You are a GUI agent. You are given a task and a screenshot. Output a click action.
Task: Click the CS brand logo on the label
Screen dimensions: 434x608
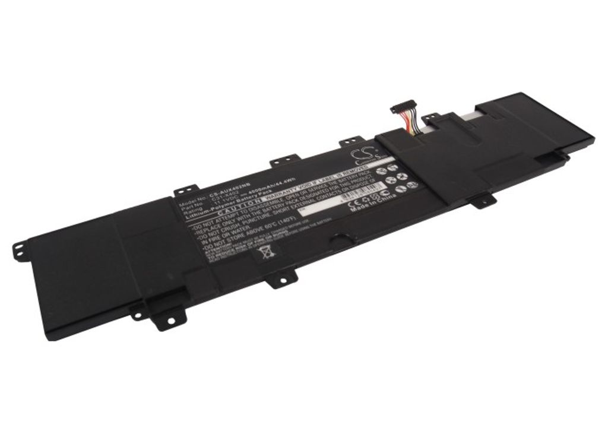363,156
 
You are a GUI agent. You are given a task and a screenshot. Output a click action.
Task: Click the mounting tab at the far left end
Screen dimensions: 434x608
20,245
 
